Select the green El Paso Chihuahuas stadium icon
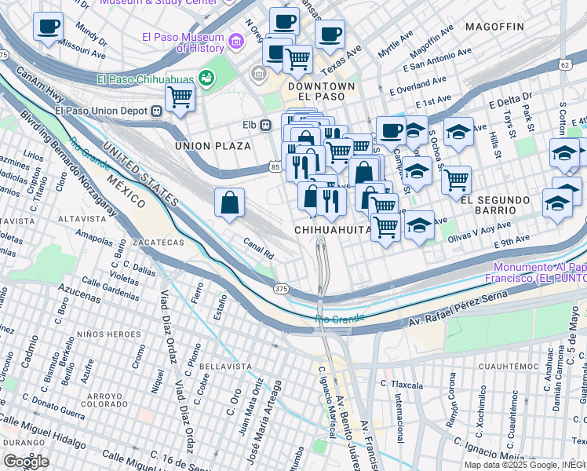tap(206, 78)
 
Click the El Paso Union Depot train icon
tap(157, 111)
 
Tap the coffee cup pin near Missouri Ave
tap(48, 27)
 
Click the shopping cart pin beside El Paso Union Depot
tap(180, 98)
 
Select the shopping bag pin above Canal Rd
tap(229, 203)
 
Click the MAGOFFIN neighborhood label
tap(494, 27)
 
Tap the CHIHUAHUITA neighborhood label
tap(333, 229)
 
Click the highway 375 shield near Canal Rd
tap(282, 290)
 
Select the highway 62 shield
tap(565, 64)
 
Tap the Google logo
tap(26, 461)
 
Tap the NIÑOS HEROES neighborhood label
tap(113, 334)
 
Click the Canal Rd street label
tap(258, 250)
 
